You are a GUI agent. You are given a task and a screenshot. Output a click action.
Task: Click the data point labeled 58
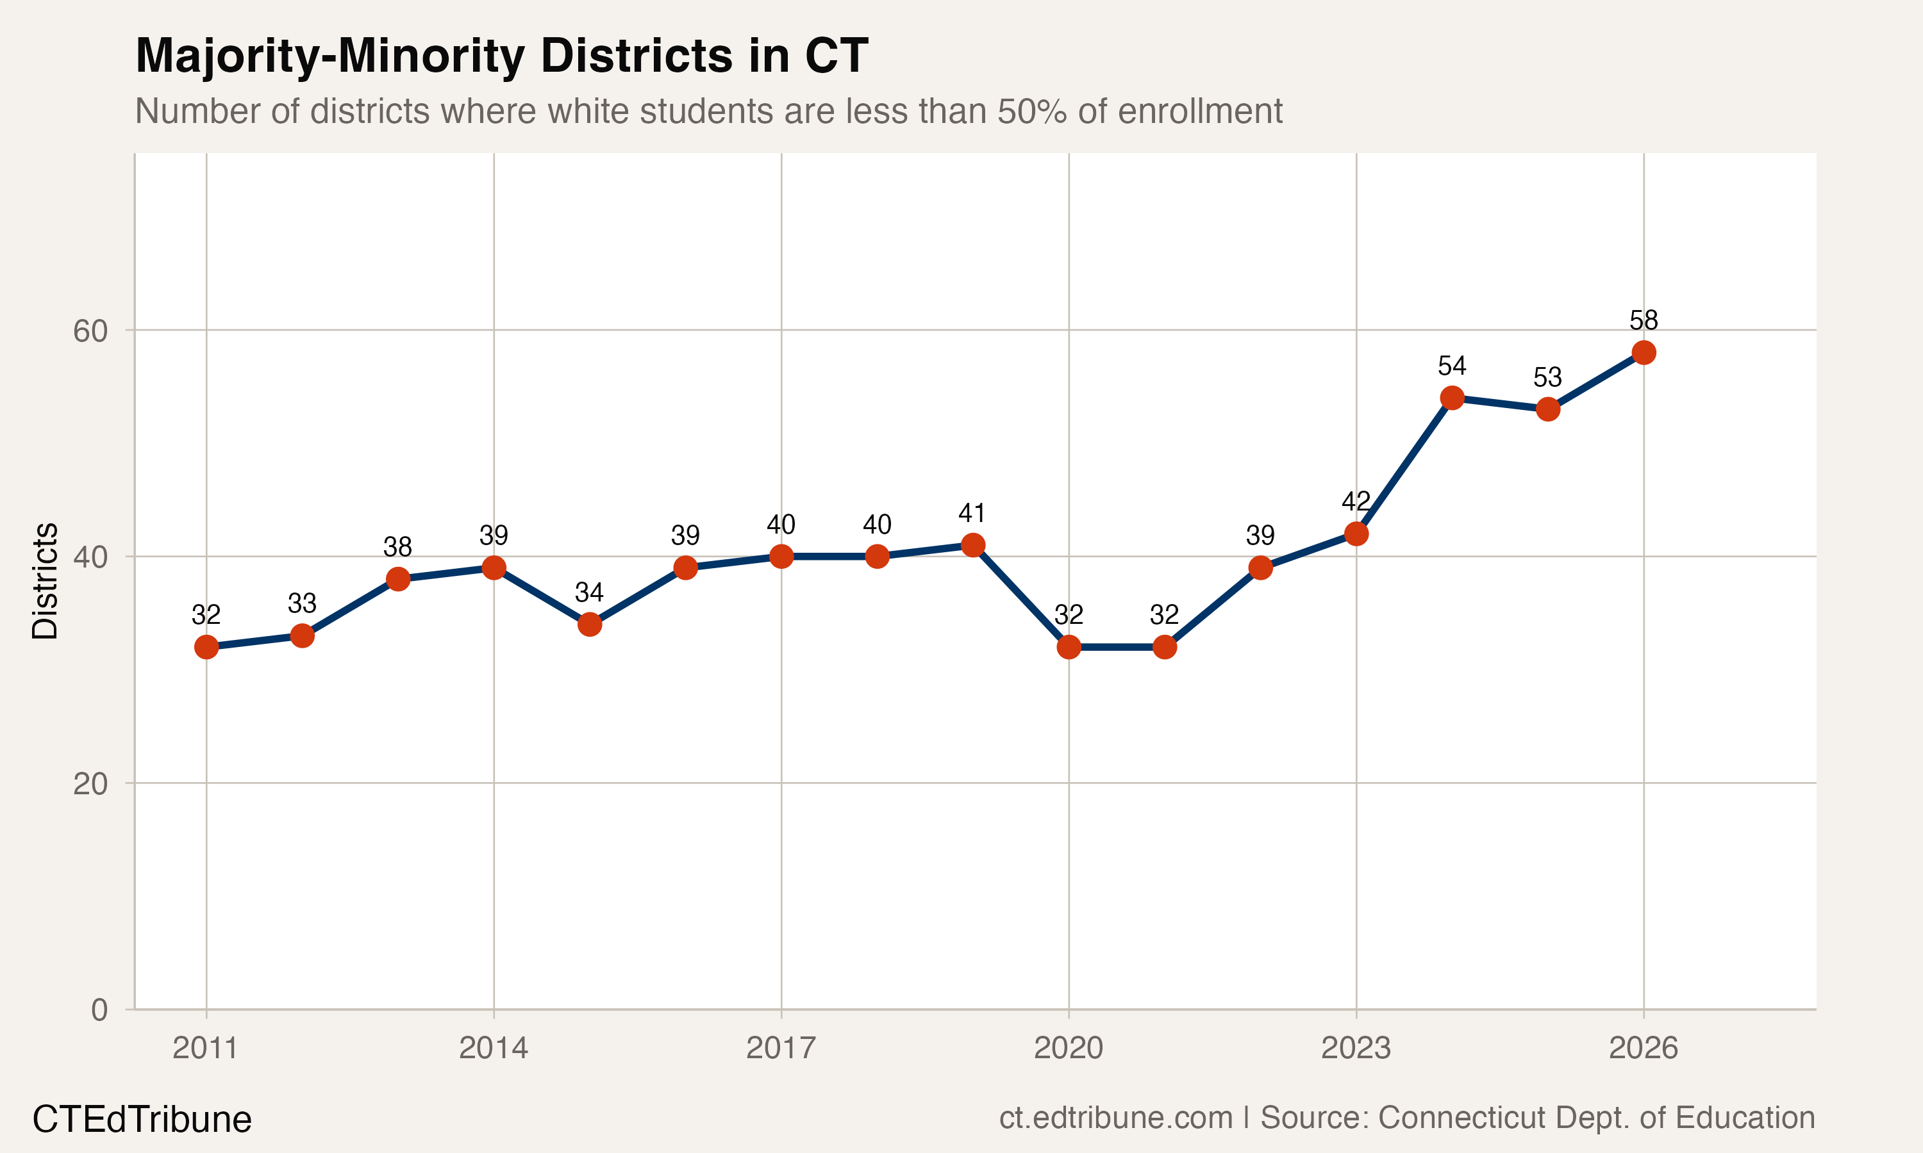[x=1643, y=353]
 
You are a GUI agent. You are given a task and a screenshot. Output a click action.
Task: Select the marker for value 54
[x=1452, y=398]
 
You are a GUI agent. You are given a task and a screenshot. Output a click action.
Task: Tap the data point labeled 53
[x=1547, y=409]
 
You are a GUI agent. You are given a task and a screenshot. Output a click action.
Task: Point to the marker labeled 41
[x=972, y=544]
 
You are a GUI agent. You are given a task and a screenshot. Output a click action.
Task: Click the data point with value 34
[x=590, y=624]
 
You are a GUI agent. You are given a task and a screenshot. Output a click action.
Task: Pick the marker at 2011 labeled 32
[x=206, y=646]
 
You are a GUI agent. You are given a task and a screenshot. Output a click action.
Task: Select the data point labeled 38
[x=398, y=579]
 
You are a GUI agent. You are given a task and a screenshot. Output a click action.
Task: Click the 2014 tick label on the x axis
[x=493, y=1048]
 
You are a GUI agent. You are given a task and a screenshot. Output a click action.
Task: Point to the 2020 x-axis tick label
[x=1068, y=1048]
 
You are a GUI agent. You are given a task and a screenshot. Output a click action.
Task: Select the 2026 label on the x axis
[x=1643, y=1048]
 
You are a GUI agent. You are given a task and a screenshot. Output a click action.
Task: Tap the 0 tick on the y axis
[x=99, y=1010]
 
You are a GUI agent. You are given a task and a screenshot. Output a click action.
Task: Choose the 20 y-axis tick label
[x=90, y=784]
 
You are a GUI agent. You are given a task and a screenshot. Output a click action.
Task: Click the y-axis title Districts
[x=45, y=580]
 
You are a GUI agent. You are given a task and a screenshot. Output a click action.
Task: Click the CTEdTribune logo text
[x=142, y=1120]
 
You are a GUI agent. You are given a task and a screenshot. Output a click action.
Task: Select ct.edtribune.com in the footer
[x=1115, y=1118]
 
